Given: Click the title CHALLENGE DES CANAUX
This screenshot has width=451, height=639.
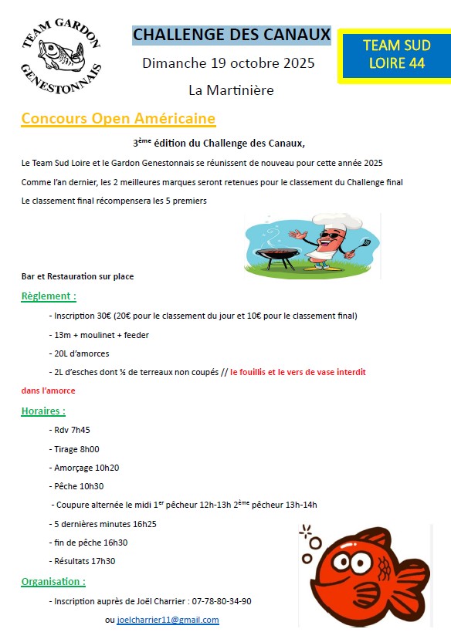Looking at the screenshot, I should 232,35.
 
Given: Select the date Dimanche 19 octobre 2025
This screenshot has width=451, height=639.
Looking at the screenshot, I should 229,63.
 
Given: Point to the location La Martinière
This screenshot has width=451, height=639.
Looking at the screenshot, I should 231,90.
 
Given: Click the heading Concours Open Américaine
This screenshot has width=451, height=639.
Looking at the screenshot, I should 118,118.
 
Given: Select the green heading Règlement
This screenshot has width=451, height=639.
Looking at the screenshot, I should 49,296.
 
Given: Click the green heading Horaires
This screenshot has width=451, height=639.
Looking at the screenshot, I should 43,411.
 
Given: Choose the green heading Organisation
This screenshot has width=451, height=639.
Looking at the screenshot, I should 53,581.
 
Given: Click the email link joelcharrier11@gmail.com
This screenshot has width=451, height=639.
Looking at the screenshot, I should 168,620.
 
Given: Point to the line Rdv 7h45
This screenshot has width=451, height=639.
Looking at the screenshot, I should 72,430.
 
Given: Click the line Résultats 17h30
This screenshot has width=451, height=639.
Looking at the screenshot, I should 84,561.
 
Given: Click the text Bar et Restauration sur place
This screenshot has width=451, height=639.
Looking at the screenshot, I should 77,276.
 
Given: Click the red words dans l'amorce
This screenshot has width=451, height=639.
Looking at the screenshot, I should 48,390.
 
